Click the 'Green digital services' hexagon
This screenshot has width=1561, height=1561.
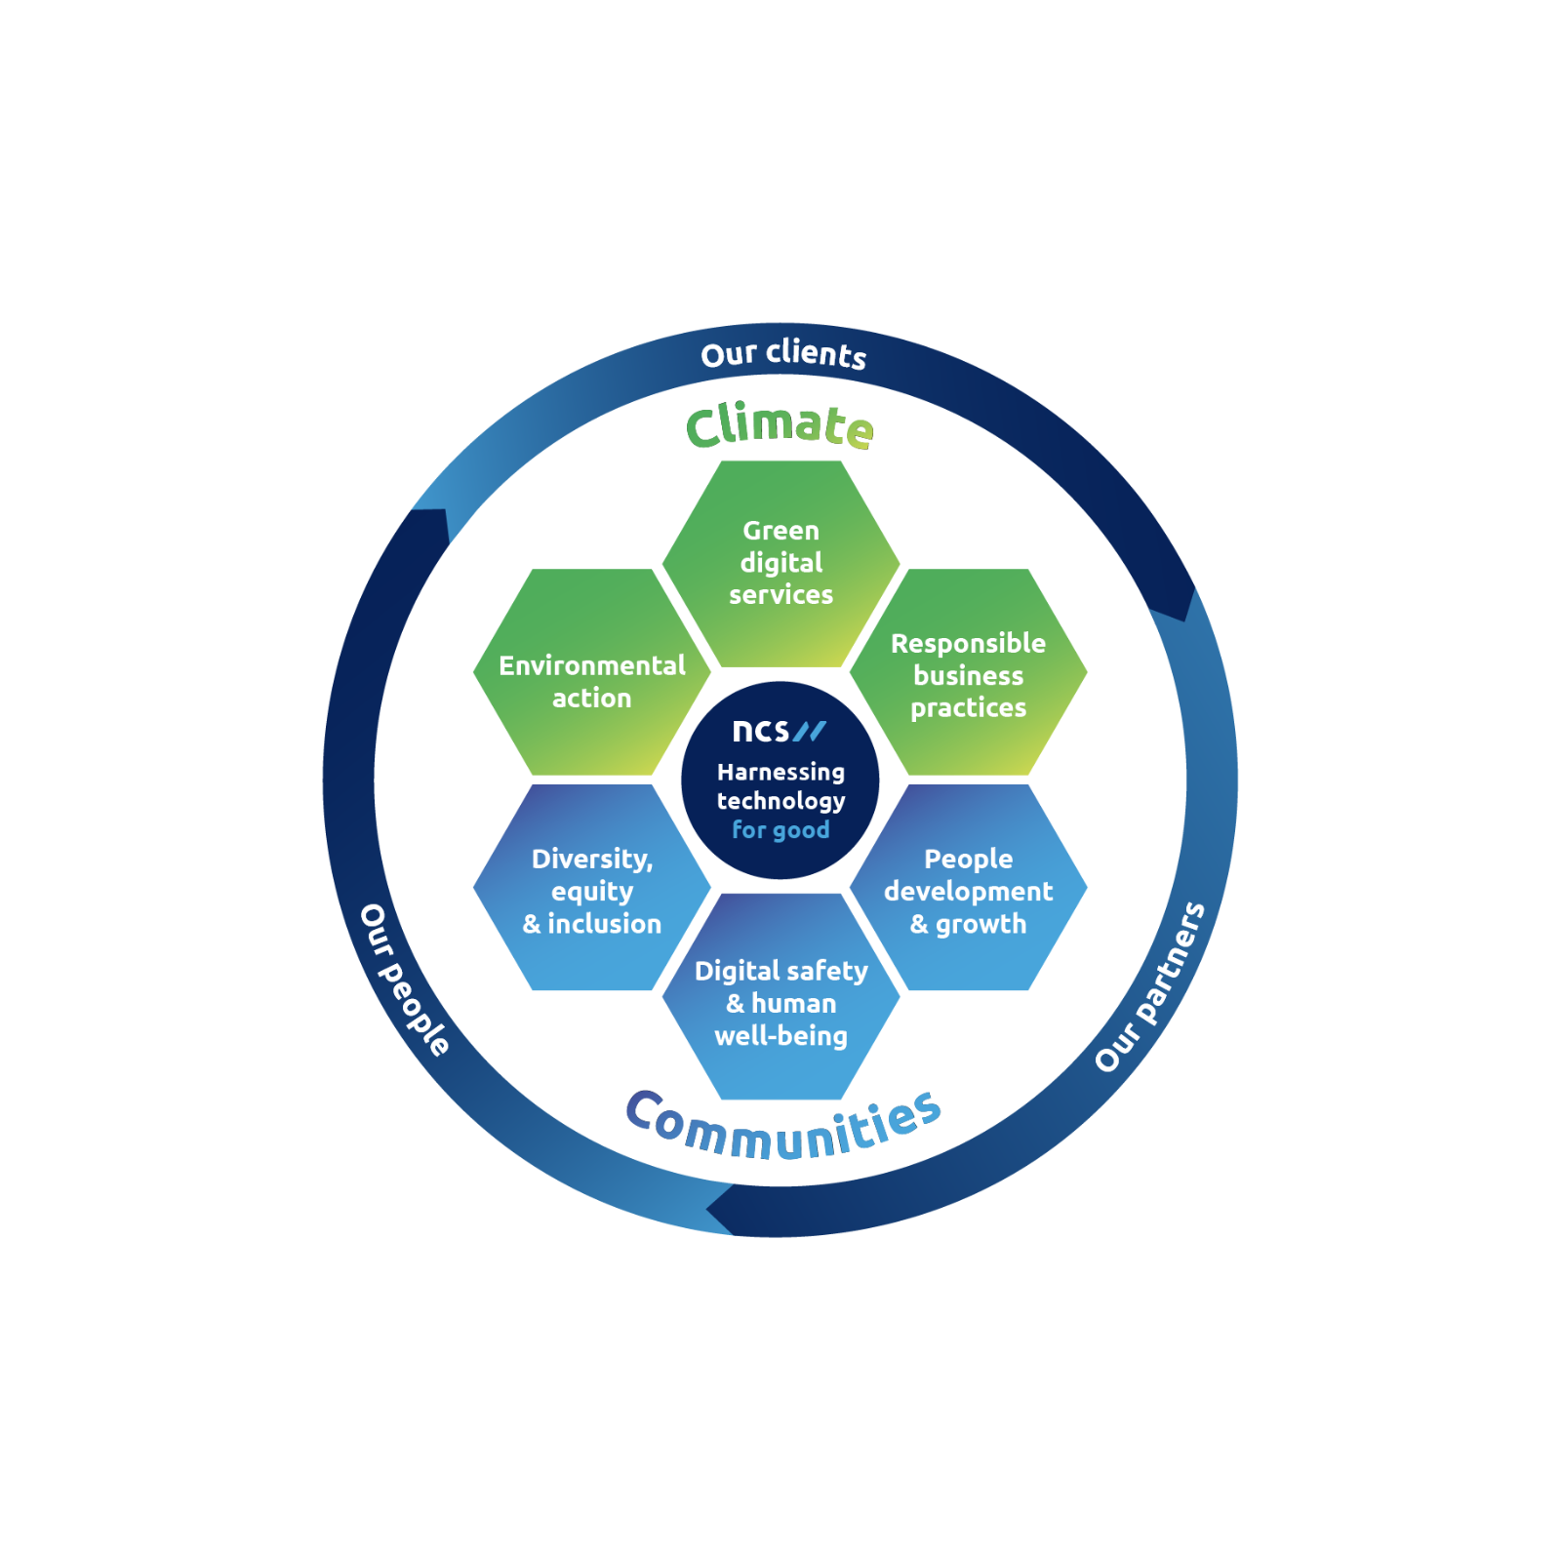coord(780,564)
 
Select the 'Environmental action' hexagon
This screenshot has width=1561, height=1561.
coord(592,672)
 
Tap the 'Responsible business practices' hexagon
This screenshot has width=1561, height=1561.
coord(969,672)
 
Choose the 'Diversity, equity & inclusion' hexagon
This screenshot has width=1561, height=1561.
coord(592,888)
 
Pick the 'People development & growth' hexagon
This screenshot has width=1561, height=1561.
coord(969,888)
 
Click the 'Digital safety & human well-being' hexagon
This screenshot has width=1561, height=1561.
coord(780,997)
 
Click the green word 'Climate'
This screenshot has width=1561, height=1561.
coord(780,426)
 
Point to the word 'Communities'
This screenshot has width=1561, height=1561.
coord(783,1126)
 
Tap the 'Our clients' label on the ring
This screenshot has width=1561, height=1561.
coord(783,354)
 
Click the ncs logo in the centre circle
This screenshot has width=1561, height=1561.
coord(779,730)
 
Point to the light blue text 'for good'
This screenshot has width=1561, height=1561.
coord(780,830)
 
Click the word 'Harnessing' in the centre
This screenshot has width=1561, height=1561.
coord(780,772)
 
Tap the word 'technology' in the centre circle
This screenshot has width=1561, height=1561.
coord(780,801)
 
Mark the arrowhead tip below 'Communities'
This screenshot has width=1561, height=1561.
coord(706,1211)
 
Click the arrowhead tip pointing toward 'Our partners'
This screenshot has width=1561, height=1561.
coord(1184,621)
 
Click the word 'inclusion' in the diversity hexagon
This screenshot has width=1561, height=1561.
coord(605,924)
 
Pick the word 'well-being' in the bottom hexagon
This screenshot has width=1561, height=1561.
coord(780,1036)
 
